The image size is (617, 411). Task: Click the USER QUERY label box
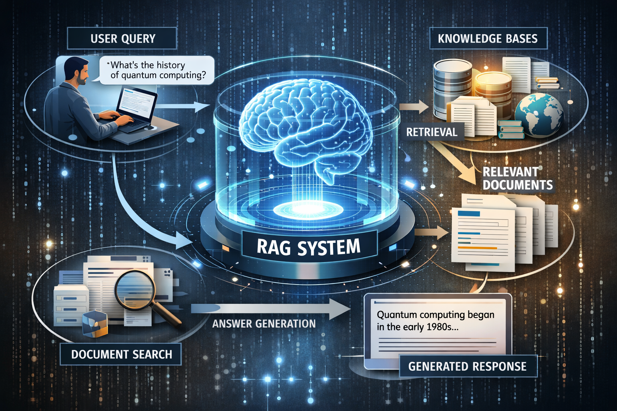123,39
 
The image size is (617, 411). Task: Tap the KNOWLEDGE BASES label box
488,39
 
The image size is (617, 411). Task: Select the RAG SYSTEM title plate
308,247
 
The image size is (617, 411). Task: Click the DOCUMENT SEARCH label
121,354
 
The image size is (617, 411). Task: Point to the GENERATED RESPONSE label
467,366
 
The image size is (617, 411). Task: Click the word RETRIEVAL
431,132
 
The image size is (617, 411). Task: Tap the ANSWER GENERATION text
264,324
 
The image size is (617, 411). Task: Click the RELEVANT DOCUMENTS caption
517,178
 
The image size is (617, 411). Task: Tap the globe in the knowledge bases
538,114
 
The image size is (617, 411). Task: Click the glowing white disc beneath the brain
308,209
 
